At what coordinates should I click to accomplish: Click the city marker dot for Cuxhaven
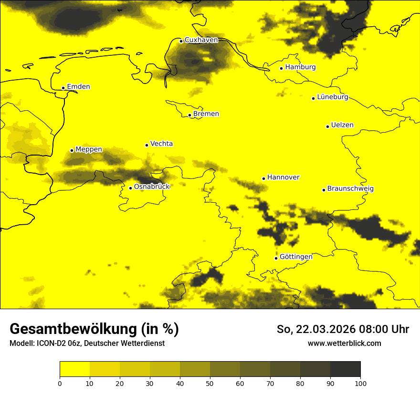point(181,41)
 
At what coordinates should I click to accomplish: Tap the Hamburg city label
point(300,67)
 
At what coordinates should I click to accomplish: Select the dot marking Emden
point(63,88)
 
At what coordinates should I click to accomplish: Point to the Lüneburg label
point(332,97)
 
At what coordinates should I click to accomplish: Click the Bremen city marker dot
point(189,115)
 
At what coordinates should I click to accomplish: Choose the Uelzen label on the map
point(342,125)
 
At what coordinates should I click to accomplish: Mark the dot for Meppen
point(72,150)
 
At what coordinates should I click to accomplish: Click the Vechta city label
point(161,144)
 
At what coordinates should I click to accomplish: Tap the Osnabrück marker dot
point(130,188)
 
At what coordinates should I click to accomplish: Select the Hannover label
point(283,177)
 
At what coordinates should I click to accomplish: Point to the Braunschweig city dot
point(324,190)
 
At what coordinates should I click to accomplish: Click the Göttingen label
point(296,257)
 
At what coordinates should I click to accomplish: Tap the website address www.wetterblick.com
point(344,343)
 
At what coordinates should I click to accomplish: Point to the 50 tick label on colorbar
point(210,383)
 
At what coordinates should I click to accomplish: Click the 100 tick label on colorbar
point(360,383)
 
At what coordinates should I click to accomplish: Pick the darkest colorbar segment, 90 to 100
point(345,369)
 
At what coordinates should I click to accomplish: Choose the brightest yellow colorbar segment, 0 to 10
point(74,369)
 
